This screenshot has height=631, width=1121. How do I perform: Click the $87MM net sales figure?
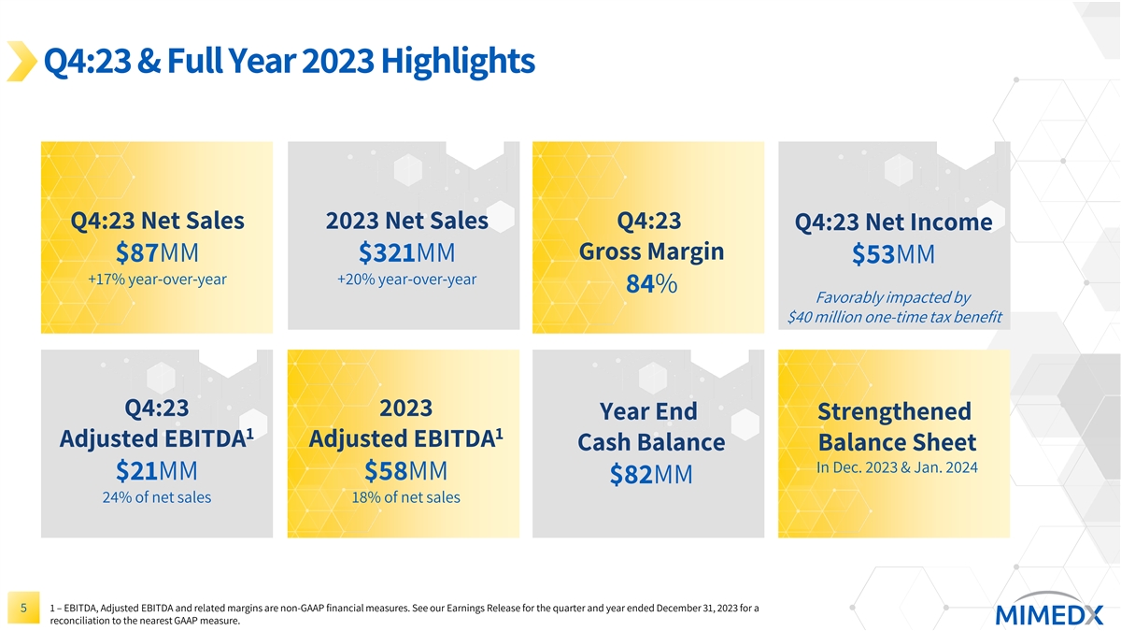[157, 254]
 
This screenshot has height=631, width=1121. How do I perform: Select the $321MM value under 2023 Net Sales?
[406, 254]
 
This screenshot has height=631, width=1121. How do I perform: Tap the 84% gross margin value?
[652, 286]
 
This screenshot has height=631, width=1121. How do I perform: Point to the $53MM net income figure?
[893, 256]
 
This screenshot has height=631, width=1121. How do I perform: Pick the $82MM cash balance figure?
[650, 476]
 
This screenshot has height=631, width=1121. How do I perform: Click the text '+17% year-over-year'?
[157, 280]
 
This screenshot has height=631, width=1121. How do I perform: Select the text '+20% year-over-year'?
[406, 280]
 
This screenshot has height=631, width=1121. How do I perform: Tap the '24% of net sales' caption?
[157, 497]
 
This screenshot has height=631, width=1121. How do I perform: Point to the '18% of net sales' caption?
[406, 497]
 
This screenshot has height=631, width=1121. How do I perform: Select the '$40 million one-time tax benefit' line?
[895, 317]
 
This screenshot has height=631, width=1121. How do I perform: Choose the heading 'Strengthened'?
[894, 411]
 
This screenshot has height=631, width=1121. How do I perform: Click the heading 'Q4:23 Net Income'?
[893, 222]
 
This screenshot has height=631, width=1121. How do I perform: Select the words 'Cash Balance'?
[651, 442]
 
